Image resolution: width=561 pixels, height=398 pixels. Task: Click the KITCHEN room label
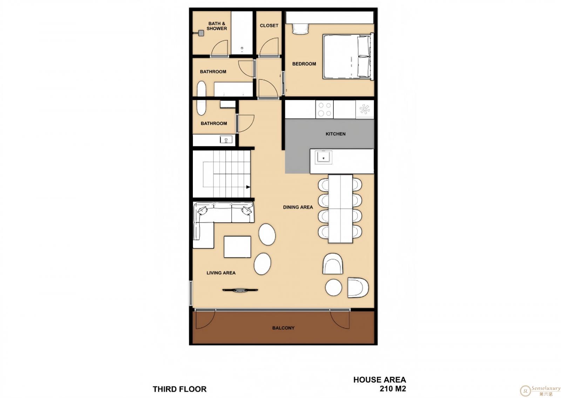click(335, 134)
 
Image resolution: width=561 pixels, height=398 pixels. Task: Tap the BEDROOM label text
click(304, 64)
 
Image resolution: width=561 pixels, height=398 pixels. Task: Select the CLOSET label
click(269, 26)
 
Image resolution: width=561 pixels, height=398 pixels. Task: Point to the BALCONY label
click(283, 328)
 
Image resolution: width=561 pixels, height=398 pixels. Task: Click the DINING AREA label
click(298, 207)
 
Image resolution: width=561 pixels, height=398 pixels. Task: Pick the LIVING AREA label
click(221, 273)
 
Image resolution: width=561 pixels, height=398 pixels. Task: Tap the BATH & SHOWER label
click(217, 26)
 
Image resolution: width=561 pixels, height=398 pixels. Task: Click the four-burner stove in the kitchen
click(324, 109)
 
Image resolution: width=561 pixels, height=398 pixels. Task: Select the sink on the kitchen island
click(323, 157)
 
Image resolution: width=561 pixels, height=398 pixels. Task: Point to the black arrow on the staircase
click(248, 187)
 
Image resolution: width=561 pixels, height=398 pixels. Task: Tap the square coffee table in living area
click(237, 247)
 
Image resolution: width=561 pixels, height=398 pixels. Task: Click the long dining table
click(340, 209)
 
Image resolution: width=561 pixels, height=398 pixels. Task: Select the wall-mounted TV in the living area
click(240, 290)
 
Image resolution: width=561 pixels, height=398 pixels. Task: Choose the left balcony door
click(205, 319)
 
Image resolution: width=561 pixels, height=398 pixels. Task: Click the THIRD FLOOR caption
click(180, 389)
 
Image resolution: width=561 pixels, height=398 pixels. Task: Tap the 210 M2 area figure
click(393, 389)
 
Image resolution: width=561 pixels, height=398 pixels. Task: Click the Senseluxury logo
click(540, 391)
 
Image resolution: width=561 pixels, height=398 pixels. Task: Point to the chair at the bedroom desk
click(300, 29)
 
